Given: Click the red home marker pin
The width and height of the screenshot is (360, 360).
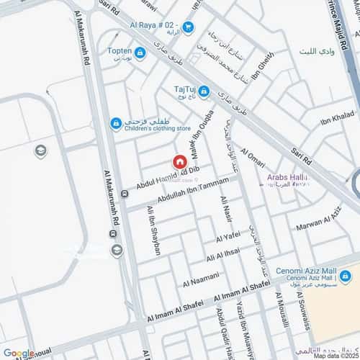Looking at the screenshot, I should click(x=178, y=163).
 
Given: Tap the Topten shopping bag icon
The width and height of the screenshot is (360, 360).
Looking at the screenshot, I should click(x=139, y=53).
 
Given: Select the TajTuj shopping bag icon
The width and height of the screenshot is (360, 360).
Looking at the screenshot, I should click(x=204, y=91).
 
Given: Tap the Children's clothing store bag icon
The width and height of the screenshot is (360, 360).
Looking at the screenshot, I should click(x=115, y=124).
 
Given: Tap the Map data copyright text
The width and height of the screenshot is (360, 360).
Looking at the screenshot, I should click(x=334, y=356).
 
